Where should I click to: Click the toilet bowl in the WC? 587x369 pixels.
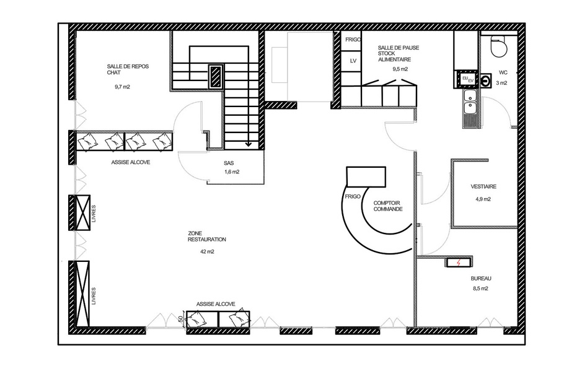[x=499, y=46]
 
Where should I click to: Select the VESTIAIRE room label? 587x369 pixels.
[x=483, y=186]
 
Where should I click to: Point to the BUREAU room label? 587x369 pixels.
[x=480, y=279]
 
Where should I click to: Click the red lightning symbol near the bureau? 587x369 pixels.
[x=458, y=263]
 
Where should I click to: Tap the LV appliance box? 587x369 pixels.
[x=353, y=61]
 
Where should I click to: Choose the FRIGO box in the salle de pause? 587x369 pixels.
[x=352, y=40]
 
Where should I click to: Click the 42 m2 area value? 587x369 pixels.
[x=207, y=251]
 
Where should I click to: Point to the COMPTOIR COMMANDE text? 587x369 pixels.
[x=388, y=206]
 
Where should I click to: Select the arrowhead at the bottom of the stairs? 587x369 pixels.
[x=248, y=144]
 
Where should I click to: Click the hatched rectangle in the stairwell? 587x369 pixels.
[x=216, y=76]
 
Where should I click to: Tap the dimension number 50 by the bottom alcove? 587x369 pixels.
[x=180, y=319]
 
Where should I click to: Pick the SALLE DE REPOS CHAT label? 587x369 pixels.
[x=128, y=69]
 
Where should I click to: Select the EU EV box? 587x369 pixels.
[x=466, y=79]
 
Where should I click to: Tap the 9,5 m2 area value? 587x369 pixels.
[x=400, y=69]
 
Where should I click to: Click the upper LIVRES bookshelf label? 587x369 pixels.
[x=94, y=214]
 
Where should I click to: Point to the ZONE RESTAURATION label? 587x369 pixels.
[x=206, y=237]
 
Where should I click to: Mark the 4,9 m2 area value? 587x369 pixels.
[x=483, y=199]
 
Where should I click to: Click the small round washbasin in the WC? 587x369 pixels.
[x=486, y=80]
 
